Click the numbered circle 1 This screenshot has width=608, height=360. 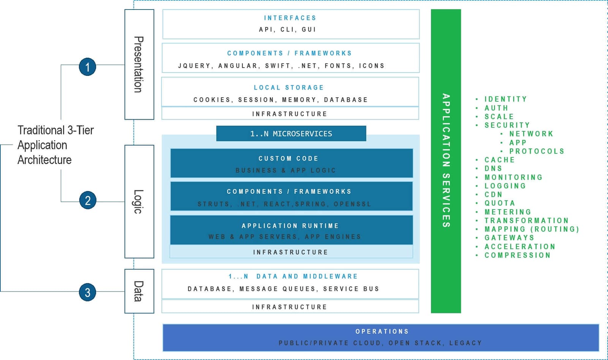coord(87,67)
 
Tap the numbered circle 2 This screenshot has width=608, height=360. coord(87,200)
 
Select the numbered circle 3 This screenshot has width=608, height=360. coord(87,292)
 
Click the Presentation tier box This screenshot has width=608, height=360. coord(139,65)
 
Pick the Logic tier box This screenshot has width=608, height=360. coord(139,202)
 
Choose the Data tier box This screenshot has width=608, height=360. coord(139,291)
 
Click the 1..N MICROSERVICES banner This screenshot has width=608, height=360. coord(291,134)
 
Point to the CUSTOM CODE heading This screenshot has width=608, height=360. coord(288,158)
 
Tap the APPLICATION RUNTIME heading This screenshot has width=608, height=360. coord(290,226)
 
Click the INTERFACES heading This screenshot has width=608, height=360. coord(290,18)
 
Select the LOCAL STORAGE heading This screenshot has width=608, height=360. coord(289,88)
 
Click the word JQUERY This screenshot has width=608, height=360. coord(194,66)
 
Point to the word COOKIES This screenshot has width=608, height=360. coord(212,100)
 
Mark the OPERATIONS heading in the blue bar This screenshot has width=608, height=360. coord(382,332)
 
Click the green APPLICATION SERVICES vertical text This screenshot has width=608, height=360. coord(446,161)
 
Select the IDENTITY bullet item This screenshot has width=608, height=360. coord(506,99)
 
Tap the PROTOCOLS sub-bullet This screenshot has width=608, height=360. coord(537,151)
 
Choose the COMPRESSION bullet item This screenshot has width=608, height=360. coord(518,255)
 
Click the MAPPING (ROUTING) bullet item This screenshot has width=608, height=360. coord(532,229)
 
